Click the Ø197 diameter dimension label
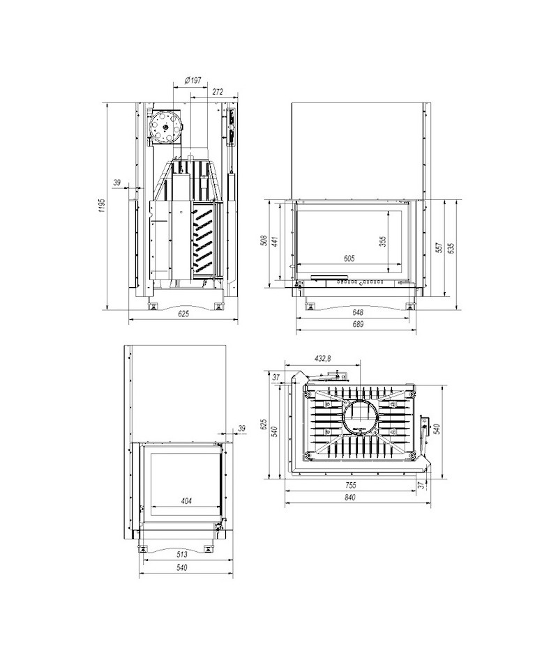[x=193, y=80]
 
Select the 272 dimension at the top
[x=218, y=92]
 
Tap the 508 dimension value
[x=264, y=240]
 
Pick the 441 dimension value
[x=276, y=241]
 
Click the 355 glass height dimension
[x=382, y=242]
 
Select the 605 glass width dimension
[x=349, y=259]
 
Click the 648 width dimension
[x=358, y=312]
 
